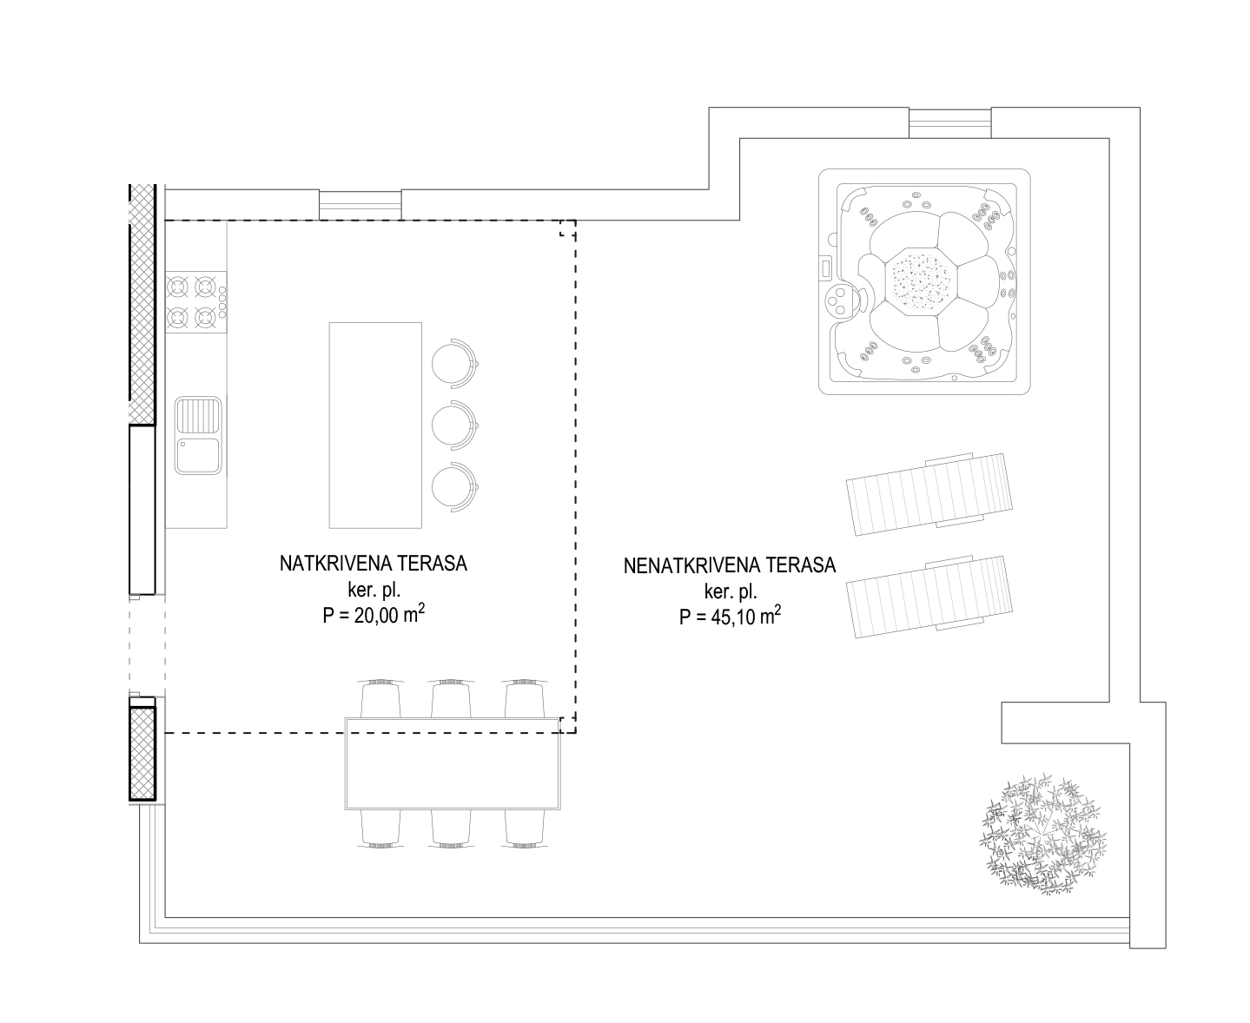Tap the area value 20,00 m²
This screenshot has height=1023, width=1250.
pos(389,614)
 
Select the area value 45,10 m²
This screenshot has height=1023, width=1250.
pos(745,616)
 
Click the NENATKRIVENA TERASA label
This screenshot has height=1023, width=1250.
pos(730,565)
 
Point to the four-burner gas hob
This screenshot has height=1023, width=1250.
pos(196,302)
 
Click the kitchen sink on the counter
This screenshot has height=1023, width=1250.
pos(198,436)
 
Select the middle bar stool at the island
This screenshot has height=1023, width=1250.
pos(454,425)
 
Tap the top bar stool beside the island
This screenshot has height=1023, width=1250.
pos(454,363)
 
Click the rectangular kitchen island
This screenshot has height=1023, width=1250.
pos(376,425)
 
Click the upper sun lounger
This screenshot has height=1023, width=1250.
pos(929,494)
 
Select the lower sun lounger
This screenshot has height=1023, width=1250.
pos(929,597)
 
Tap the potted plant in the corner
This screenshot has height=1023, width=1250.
pos(1042,835)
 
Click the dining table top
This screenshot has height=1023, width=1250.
pos(453,763)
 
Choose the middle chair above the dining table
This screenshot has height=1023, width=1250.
pos(451,699)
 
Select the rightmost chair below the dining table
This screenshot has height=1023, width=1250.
pos(525,828)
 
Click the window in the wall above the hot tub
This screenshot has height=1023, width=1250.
pos(950,123)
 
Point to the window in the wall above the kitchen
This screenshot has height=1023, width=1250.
pos(360,205)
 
